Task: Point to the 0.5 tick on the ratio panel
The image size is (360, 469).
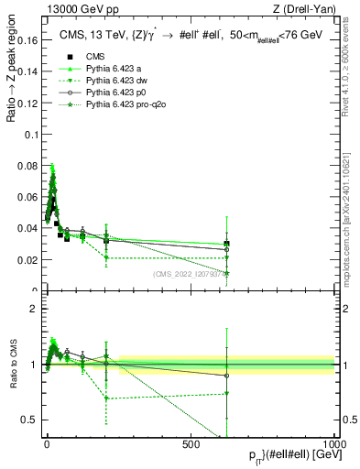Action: tap(31, 420)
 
